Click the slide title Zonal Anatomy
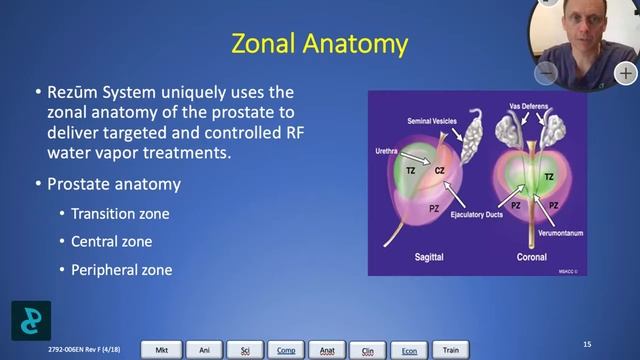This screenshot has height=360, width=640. tap(319, 44)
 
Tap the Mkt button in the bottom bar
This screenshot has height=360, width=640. tap(161, 349)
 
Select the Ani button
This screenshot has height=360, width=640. tap(203, 349)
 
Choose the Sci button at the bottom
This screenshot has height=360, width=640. tap(244, 349)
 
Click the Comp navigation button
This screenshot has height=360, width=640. tap(286, 349)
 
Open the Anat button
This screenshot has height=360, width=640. tap(327, 349)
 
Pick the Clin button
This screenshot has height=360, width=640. tap(368, 349)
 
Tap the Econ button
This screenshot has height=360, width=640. tap(409, 349)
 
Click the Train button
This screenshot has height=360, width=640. tap(451, 349)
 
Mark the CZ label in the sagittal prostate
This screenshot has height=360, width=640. tap(439, 171)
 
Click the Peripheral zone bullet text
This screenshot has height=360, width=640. tap(121, 270)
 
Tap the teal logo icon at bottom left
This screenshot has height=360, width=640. tap(31, 319)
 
